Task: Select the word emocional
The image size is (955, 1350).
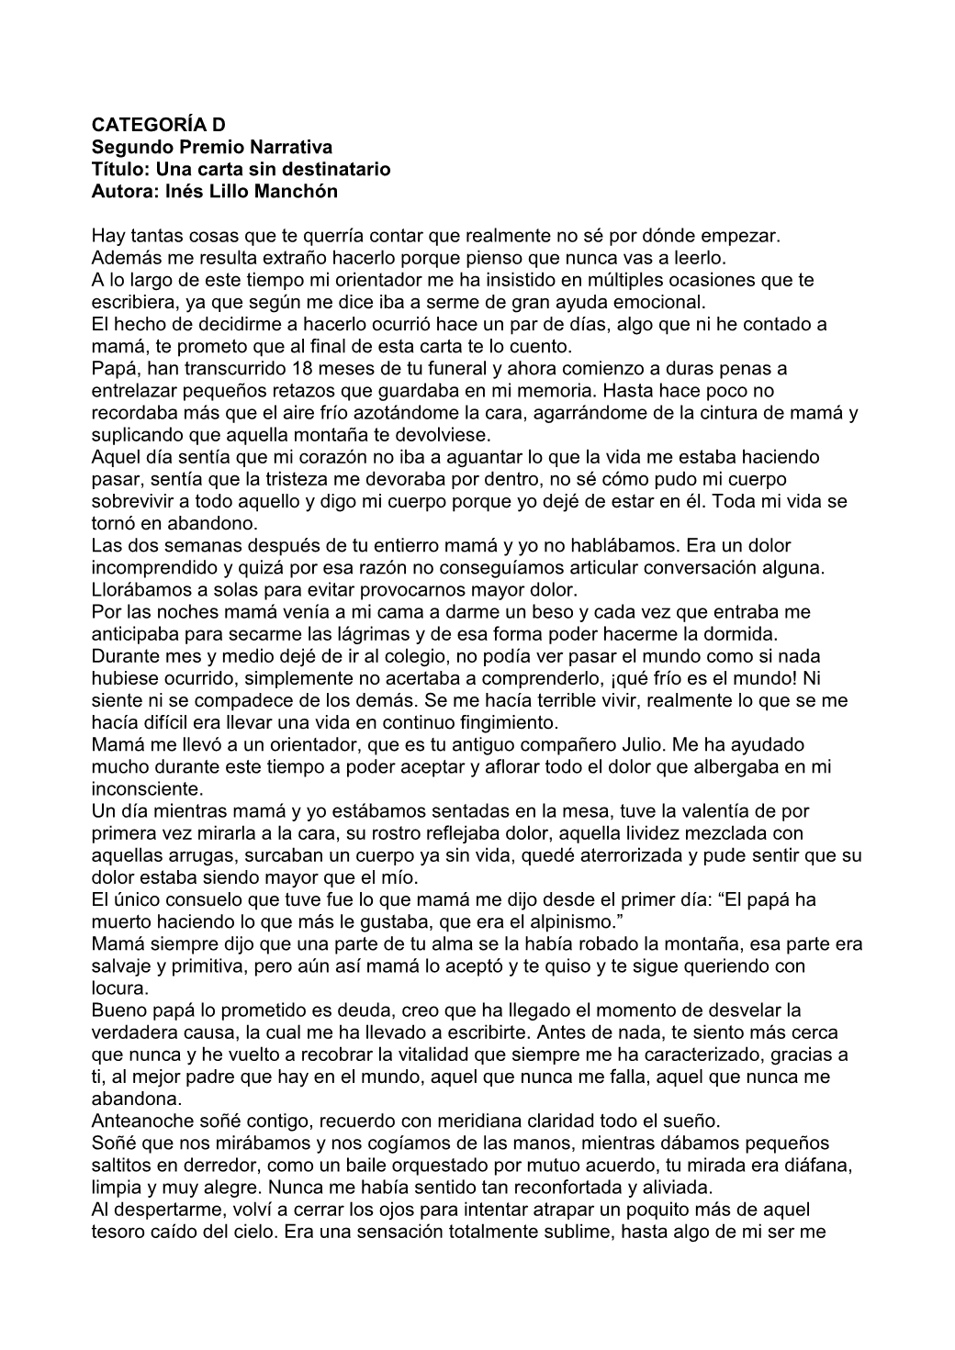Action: point(664,302)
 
